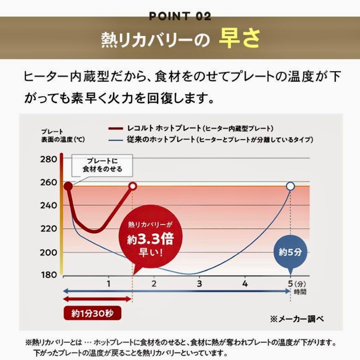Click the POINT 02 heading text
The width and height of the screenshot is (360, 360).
point(180,16)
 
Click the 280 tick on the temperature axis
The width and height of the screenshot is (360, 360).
point(49,159)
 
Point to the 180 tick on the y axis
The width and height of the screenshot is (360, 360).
point(49,275)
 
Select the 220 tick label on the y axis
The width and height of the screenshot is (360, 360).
point(49,229)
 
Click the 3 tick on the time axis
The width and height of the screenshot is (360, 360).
point(199,284)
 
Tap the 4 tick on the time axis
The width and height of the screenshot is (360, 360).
point(245,284)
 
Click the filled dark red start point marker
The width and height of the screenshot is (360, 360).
point(68,186)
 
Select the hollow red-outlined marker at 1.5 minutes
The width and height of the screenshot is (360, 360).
point(133,186)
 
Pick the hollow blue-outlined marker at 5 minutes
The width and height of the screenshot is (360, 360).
point(290,186)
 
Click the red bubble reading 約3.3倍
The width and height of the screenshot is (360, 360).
point(151,239)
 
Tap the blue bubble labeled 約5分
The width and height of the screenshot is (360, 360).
point(290,252)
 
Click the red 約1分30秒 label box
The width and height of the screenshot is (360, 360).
point(92,313)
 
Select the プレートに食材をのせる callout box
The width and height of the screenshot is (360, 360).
point(103,165)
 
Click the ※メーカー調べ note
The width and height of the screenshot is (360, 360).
point(297,319)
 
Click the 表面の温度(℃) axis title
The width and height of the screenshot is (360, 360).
point(63,140)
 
